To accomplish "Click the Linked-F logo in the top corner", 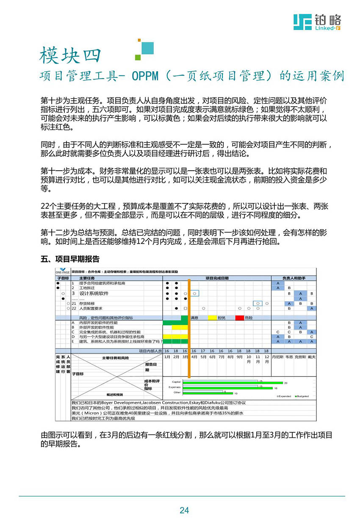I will tap(317, 22).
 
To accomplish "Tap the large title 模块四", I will tap(71, 55).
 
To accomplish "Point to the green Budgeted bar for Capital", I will tap(223, 383).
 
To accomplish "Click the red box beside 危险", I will tap(239, 318).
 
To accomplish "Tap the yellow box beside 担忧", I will tap(212, 318).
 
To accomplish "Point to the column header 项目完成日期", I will tap(217, 278).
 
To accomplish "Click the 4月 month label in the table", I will tap(194, 357).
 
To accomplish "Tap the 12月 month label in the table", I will tap(266, 359).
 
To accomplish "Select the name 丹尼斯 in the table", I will tap(277, 357).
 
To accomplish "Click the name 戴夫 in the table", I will tap(312, 357).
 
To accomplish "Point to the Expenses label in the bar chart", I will tap(175, 387).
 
